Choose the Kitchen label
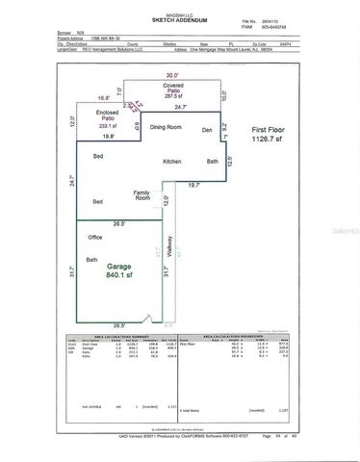[x=173, y=160]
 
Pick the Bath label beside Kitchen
[x=213, y=160]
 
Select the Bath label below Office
[x=92, y=260]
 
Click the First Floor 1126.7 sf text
[x=272, y=133]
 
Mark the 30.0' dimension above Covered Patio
[x=172, y=75]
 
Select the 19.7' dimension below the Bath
[x=194, y=185]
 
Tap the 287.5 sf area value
[x=172, y=96]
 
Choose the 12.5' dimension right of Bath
[x=228, y=161]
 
